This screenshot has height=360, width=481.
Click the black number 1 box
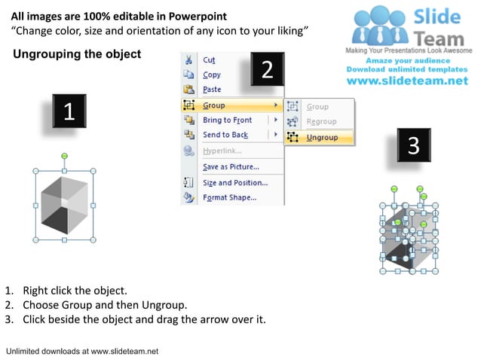pyautogui.click(x=69, y=113)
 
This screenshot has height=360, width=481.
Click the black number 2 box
pyautogui.click(x=268, y=70)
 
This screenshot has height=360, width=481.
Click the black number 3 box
pyautogui.click(x=413, y=145)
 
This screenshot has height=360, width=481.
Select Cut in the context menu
pyautogui.click(x=210, y=60)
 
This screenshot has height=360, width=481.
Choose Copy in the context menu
pyautogui.click(x=212, y=75)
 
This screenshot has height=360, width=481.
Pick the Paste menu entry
pyautogui.click(x=212, y=90)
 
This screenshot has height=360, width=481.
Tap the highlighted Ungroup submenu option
pyautogui.click(x=322, y=138)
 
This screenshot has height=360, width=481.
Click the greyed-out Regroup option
pyautogui.click(x=321, y=122)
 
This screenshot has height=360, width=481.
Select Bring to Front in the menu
pyautogui.click(x=227, y=121)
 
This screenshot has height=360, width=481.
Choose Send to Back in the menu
pyautogui.click(x=225, y=135)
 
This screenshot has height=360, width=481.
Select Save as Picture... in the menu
pyautogui.click(x=231, y=166)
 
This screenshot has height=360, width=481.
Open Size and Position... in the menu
pyautogui.click(x=234, y=183)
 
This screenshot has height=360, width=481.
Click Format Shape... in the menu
pyautogui.click(x=229, y=198)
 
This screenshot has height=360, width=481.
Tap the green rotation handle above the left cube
pyautogui.click(x=65, y=156)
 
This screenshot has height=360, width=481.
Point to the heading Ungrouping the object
pyautogui.click(x=77, y=54)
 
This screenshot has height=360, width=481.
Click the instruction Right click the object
pyautogui.click(x=75, y=290)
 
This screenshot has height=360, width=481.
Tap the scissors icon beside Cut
pyautogui.click(x=188, y=60)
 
